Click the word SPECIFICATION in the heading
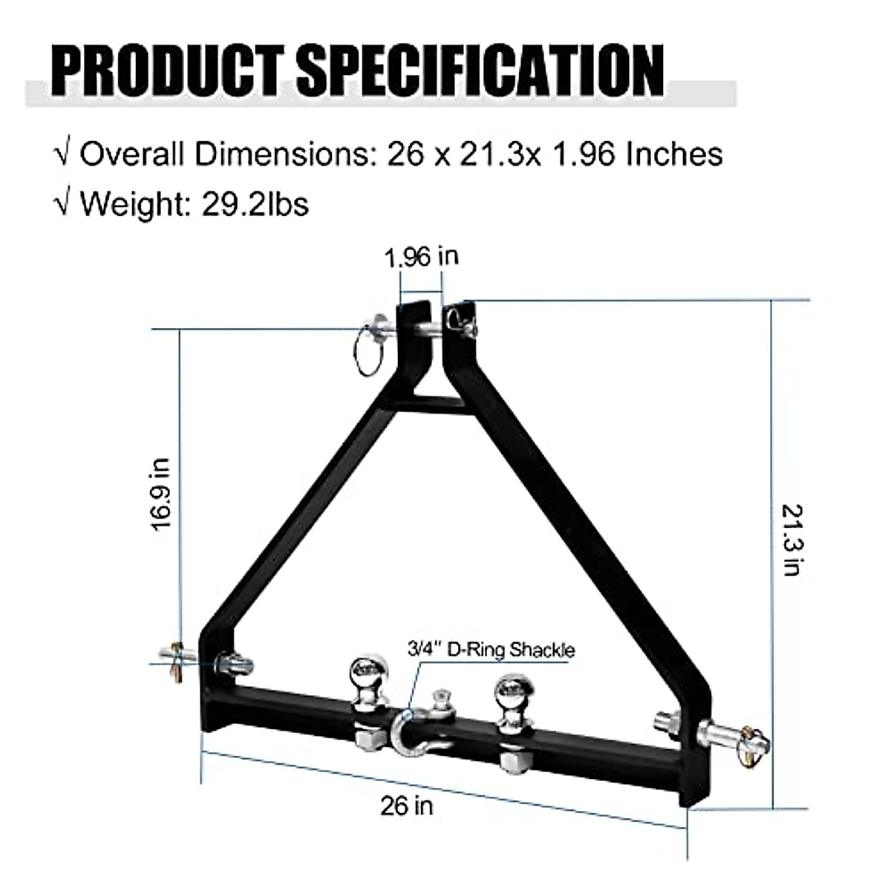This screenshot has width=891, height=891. click(483, 72)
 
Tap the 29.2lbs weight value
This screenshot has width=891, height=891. click(255, 203)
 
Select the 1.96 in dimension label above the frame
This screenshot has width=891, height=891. click(421, 257)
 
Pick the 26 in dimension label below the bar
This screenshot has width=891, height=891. click(407, 806)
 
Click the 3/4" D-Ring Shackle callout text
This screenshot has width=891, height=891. click(492, 650)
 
